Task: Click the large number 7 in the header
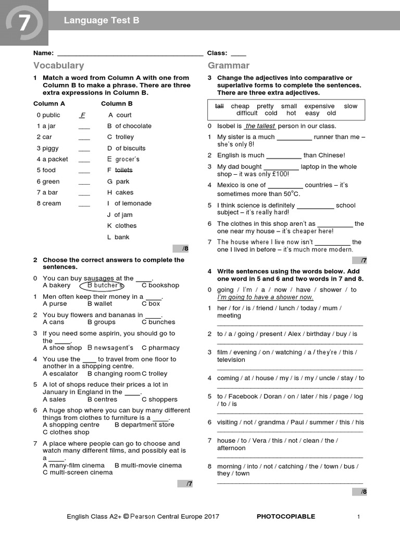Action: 23,22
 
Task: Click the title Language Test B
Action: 102,20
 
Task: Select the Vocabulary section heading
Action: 58,66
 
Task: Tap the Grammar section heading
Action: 229,66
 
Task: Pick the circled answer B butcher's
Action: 102,286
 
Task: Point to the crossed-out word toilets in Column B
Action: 123,170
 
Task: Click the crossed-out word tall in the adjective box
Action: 219,106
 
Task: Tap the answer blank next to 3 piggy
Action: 84,149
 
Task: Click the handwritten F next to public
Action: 82,115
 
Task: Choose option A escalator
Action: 61,373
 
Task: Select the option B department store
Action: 144,425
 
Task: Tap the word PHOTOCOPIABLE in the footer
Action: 286,516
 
